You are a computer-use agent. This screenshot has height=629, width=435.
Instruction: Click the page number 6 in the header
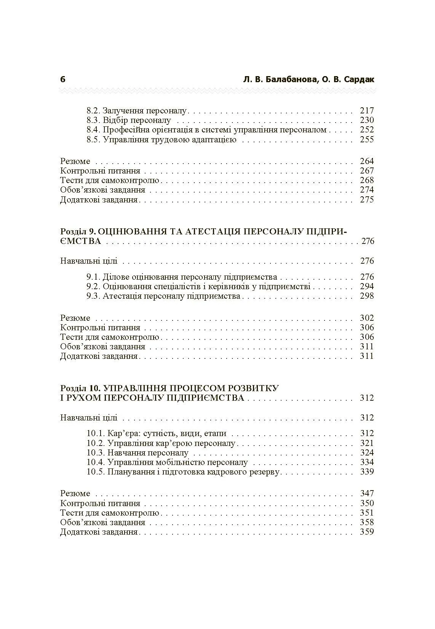63,79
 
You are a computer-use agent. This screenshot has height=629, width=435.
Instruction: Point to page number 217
367,111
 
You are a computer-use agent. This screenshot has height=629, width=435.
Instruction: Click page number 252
367,130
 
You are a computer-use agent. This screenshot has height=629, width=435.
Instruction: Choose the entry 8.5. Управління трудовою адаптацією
162,140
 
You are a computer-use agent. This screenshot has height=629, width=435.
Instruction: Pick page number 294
367,287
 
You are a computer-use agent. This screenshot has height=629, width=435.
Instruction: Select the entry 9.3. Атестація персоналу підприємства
163,296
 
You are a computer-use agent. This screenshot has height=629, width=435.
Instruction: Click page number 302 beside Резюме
367,318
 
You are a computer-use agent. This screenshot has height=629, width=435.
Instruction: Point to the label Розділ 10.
80,388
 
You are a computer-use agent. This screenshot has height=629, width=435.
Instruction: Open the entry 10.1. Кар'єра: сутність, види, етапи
157,433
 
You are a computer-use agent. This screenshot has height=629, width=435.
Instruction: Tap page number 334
367,462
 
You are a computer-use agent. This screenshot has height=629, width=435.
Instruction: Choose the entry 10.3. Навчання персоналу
138,453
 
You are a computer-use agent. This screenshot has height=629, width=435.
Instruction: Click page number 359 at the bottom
367,532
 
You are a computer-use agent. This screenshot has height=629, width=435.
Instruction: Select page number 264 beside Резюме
367,161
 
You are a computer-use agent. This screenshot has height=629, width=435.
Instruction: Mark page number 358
367,522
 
